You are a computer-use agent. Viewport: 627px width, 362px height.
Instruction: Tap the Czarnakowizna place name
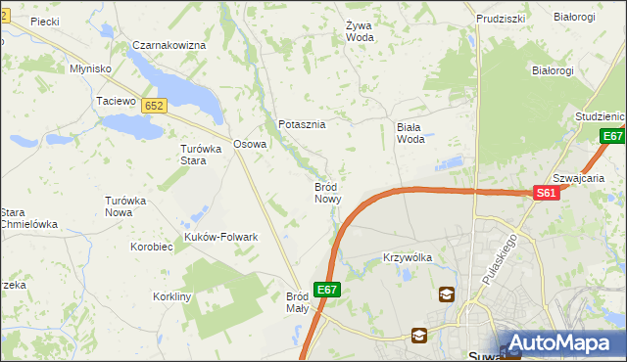point(169,46)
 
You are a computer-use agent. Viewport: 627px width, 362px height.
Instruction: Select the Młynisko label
point(90,68)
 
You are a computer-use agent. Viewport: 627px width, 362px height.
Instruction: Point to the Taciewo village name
point(115,101)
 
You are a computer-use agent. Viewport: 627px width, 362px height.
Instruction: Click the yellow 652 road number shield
point(154,105)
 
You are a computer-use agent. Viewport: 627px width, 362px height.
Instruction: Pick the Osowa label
point(250,144)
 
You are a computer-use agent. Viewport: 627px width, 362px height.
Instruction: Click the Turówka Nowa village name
point(125,206)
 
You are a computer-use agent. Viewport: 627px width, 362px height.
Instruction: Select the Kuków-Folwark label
point(220,237)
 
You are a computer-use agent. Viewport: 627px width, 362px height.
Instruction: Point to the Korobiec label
point(152,248)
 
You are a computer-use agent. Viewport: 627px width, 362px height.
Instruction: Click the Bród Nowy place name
point(328,192)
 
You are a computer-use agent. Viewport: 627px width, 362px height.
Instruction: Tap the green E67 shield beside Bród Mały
point(327,290)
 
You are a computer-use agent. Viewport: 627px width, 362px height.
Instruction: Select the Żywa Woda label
point(361,31)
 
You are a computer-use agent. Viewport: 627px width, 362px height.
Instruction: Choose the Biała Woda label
point(410,132)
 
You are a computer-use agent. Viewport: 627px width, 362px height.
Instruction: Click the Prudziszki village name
point(501,19)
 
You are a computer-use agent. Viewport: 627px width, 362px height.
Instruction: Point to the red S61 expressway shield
point(547,195)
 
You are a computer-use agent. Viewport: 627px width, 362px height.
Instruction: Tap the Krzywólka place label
point(407,257)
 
